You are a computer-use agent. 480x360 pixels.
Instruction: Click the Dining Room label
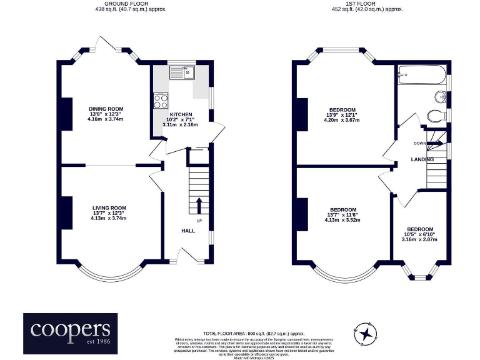(x=105, y=109)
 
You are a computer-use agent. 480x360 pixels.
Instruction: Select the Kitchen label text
(x=179, y=115)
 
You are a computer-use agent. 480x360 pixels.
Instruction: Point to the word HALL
(x=188, y=231)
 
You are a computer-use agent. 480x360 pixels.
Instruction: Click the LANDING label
(x=422, y=159)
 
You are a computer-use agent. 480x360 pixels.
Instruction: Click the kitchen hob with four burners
(x=161, y=100)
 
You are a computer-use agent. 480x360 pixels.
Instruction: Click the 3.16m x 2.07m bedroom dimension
(x=420, y=239)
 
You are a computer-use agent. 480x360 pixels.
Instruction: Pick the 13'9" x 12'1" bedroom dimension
(x=342, y=115)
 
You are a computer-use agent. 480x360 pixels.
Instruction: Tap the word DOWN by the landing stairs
(x=419, y=143)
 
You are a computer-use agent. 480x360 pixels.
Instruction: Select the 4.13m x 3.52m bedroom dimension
(x=342, y=219)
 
